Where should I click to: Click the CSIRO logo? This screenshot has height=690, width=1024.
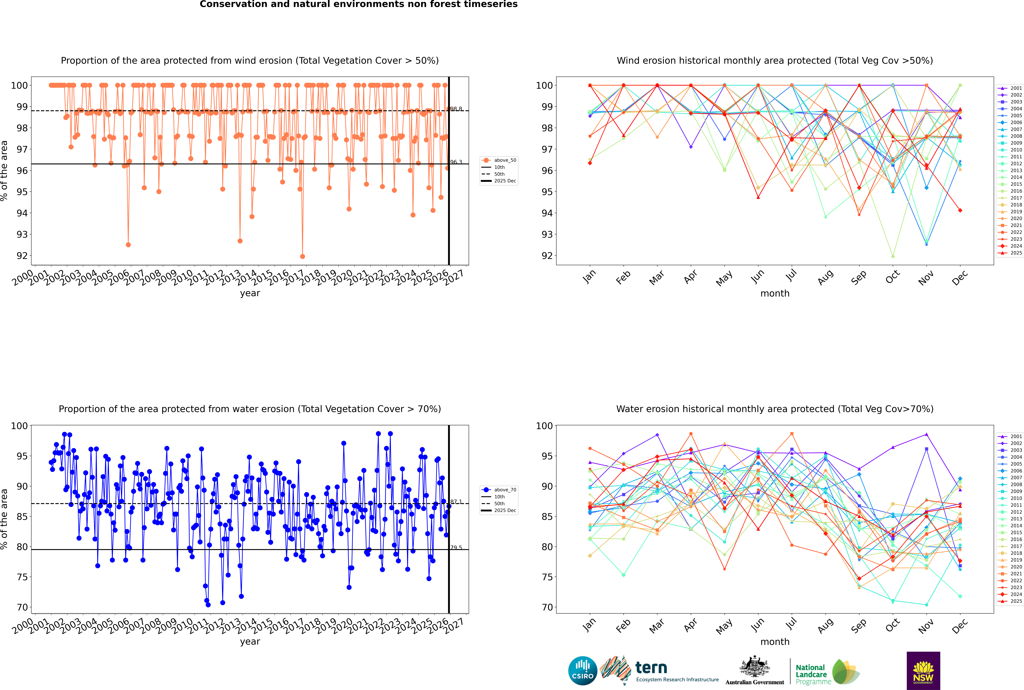click(x=582, y=671)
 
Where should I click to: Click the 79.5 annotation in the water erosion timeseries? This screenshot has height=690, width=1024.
click(x=456, y=548)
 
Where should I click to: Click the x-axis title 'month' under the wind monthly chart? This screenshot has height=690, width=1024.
click(x=775, y=294)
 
